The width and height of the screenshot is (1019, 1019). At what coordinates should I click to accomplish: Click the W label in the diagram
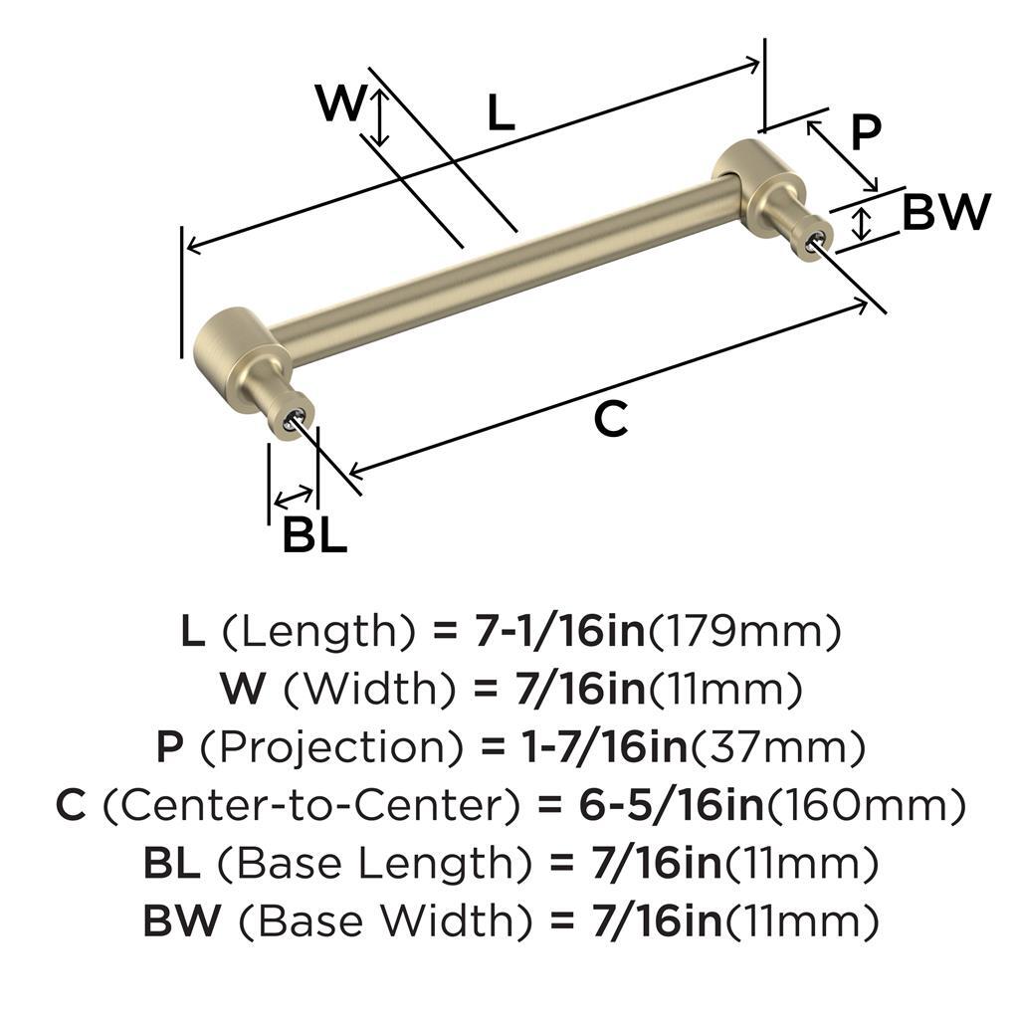pos(340,103)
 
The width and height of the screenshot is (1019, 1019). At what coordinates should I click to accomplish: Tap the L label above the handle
pos(502,111)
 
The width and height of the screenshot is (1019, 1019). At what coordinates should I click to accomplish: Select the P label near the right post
pos(866,132)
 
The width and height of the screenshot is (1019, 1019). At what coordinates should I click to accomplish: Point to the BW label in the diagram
pos(946,212)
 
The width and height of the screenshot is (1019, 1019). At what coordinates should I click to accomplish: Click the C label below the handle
pos(611,419)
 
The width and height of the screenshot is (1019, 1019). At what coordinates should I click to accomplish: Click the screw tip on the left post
pos(291,422)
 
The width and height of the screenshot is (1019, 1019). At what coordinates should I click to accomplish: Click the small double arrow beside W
pos(381,117)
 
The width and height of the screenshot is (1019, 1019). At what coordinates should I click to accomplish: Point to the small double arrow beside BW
pos(862,224)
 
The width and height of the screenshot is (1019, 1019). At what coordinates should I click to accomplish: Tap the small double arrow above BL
pos(294,497)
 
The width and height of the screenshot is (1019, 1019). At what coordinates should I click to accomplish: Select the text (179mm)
pos(744,632)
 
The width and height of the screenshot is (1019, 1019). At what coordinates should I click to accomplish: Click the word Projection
pos(331,747)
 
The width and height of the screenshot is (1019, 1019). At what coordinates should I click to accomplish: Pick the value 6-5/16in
pos(672,805)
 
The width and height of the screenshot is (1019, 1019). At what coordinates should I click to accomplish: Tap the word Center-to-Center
pos(311,805)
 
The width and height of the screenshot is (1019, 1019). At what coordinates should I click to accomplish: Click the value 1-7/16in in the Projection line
pos(604,747)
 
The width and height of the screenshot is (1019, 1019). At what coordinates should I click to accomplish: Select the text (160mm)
pos(866,806)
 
